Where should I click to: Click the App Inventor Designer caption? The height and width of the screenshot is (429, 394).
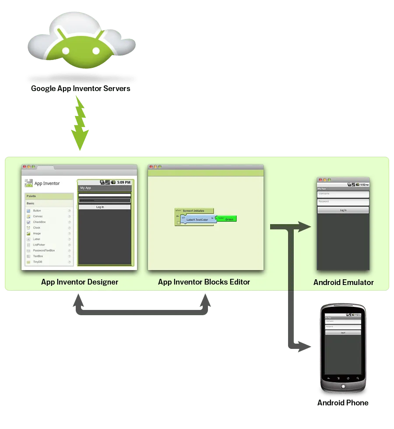[x=80, y=282]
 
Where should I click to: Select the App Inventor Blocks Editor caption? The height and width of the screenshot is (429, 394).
[x=204, y=282]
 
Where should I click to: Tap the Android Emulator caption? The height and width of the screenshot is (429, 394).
[x=344, y=282]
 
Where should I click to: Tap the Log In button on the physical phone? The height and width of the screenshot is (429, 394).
[x=343, y=333]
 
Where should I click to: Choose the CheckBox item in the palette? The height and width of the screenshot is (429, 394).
[x=39, y=222]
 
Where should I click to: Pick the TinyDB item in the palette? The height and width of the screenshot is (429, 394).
[x=38, y=262]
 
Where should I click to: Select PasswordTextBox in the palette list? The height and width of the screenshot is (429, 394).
[x=44, y=250]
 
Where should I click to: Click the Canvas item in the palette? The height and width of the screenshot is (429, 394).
[x=38, y=216]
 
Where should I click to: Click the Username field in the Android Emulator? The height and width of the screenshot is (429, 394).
[x=343, y=193]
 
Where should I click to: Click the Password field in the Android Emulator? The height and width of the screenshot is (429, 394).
[x=343, y=202]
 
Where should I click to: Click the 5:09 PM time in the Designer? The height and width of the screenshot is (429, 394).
[x=123, y=182]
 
